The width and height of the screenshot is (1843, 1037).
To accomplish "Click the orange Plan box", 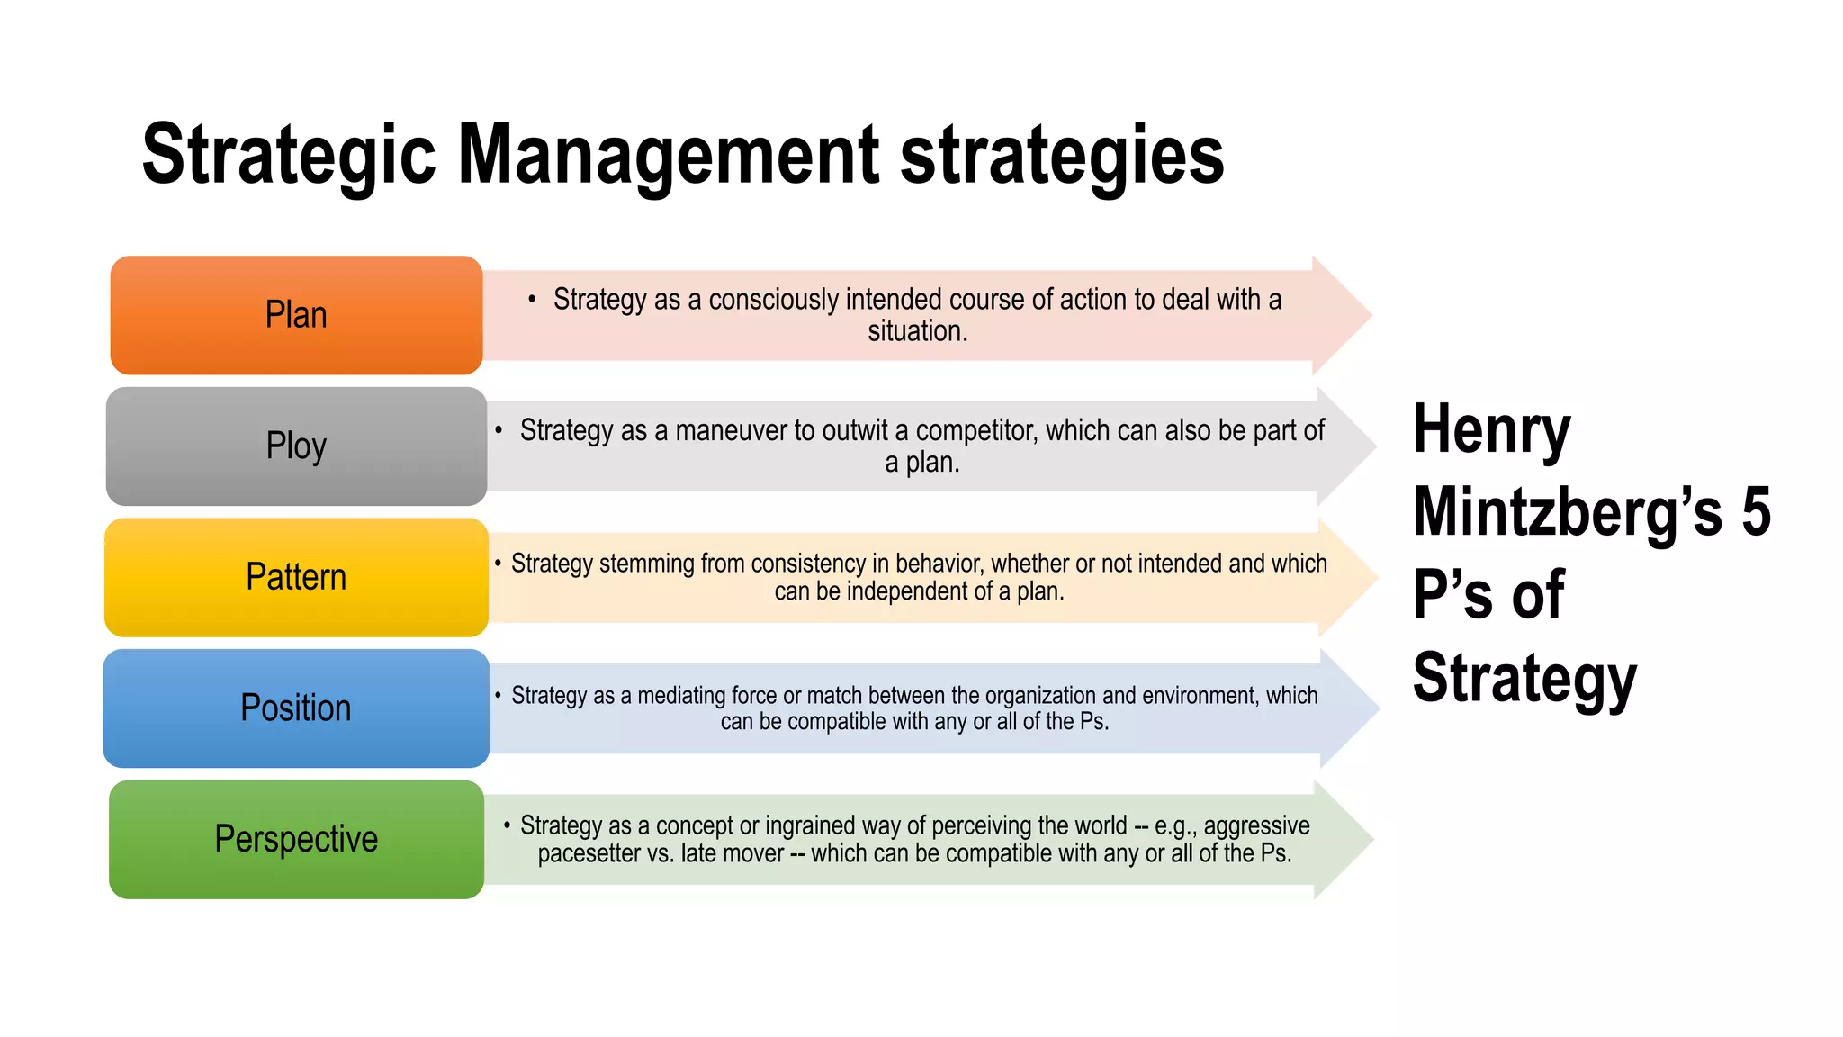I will (296, 315).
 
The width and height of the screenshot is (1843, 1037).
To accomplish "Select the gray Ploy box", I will (296, 446).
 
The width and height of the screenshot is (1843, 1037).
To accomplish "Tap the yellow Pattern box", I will (296, 577).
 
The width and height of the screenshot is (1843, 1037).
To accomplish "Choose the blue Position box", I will (296, 708).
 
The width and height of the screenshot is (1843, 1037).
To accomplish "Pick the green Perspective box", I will (296, 839).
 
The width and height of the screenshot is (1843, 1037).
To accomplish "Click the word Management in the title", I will (669, 155).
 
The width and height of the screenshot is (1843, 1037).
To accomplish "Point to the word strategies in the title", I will (1062, 155).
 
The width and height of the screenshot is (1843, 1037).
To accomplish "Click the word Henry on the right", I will (1491, 430).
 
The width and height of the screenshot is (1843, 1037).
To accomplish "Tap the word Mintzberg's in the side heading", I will (1567, 511).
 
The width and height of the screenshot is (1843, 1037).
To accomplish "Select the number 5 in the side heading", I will (1756, 511).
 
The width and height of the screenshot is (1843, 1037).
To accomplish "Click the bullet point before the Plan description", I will (532, 299).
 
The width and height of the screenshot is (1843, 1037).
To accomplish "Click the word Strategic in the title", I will (288, 155).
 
